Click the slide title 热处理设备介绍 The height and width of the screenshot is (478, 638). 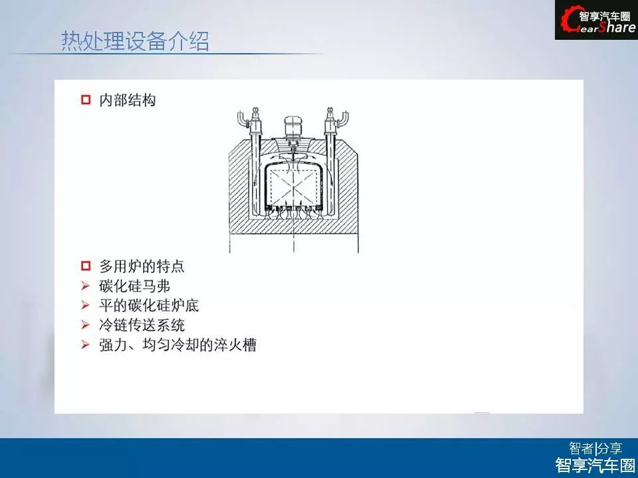tap(135, 41)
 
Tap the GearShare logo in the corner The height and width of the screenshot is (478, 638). tap(597, 20)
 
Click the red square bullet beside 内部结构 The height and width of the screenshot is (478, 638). tap(86, 100)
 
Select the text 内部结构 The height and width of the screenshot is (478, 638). tap(128, 100)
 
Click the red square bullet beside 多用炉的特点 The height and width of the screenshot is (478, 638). tap(86, 266)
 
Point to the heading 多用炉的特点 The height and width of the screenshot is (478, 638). tap(142, 266)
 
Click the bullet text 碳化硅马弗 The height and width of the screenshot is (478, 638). tap(134, 286)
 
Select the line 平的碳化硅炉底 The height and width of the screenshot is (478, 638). tap(149, 305)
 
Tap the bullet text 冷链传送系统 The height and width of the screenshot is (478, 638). tap(142, 325)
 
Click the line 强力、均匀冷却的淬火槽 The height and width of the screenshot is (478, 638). tap(178, 345)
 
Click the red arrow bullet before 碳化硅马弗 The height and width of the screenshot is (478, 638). tap(85, 285)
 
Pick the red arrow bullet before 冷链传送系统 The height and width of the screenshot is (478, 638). tap(85, 325)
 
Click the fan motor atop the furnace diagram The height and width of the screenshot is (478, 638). tap(293, 126)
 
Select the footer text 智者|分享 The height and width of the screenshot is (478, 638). tap(595, 448)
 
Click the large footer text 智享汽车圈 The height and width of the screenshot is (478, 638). tap(595, 465)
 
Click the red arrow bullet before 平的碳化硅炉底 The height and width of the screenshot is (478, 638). tap(85, 305)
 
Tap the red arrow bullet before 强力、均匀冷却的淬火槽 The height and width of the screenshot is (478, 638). tap(85, 345)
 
